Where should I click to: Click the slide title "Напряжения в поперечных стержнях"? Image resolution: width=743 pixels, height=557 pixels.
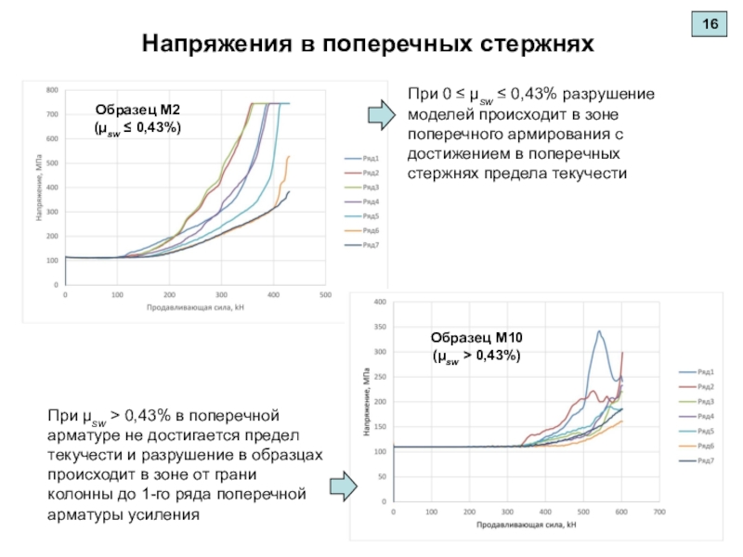(366, 44)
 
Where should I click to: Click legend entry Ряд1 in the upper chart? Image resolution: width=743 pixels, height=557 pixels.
(362, 159)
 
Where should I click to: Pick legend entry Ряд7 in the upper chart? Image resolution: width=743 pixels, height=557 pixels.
(362, 245)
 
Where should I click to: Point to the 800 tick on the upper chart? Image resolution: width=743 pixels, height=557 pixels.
(52, 91)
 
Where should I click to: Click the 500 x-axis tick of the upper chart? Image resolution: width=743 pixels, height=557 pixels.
(325, 295)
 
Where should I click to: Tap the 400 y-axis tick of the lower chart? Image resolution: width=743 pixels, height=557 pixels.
(379, 302)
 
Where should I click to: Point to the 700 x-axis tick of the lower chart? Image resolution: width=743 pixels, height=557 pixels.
(658, 512)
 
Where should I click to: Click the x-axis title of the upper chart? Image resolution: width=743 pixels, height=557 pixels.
(194, 307)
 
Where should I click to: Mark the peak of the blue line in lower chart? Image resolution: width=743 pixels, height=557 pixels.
(599, 331)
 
